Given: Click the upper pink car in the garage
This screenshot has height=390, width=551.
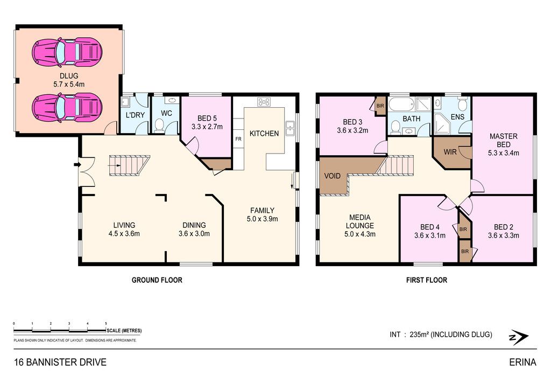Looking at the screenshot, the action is point(67,52).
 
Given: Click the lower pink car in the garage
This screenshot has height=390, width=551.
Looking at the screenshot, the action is point(67,107).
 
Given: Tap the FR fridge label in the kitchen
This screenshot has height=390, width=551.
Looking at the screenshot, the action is point(238,139).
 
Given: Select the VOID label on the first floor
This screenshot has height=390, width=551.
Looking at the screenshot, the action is point(332,176).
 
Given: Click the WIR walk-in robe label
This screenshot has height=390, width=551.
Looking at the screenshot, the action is point(450,152).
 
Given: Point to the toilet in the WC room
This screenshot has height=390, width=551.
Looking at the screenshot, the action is point(159,126).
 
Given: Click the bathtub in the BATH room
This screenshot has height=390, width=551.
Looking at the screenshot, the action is point(402,105).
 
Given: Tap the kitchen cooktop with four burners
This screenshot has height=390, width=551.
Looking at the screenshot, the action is point(264,102).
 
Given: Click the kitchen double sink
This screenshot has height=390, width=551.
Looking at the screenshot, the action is point(290,128).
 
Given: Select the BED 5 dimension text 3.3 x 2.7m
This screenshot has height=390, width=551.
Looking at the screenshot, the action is point(207,127).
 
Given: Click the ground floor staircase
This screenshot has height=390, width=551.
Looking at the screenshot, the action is point(129,165).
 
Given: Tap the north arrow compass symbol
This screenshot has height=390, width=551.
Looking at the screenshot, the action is point(519,337).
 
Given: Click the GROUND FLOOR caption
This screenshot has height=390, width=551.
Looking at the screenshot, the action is point(157,280).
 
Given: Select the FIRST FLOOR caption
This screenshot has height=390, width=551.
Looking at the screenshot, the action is point(427,280).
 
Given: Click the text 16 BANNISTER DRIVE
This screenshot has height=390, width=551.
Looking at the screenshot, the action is point(60,362).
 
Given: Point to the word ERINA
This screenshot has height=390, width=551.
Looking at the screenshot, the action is point(522,362).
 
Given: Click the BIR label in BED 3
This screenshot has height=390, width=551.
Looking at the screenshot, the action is point(380,106).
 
